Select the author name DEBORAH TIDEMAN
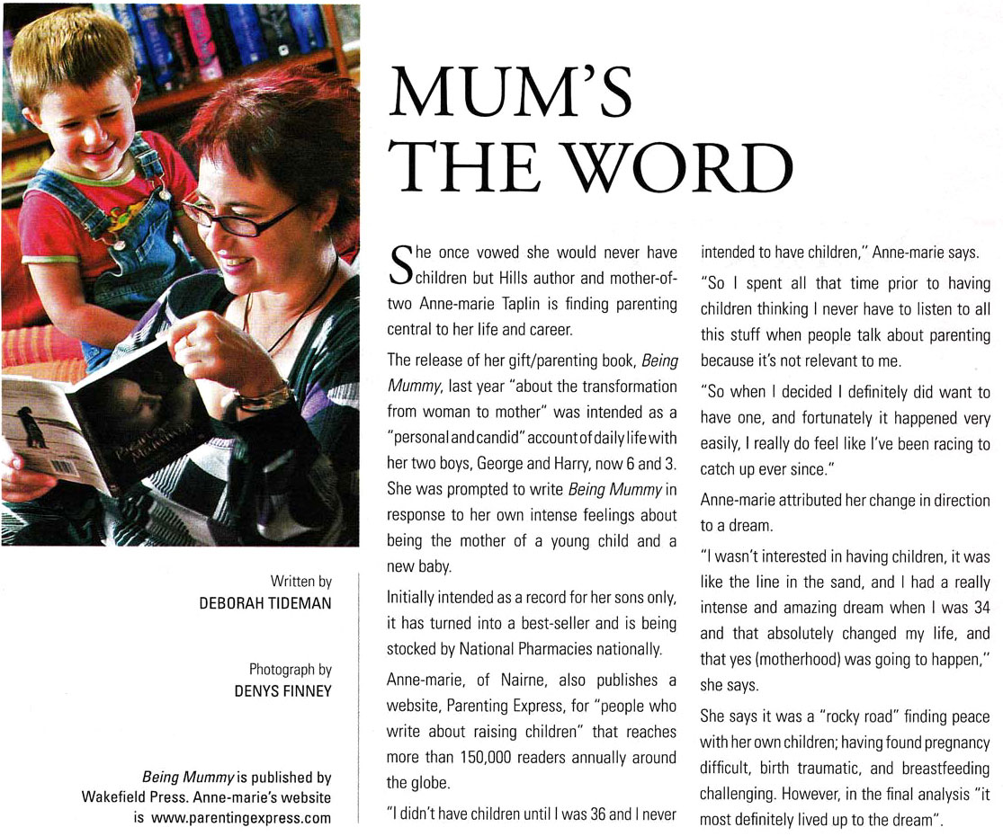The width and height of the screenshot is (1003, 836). click(265, 603)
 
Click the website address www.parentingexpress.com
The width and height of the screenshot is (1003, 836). click(241, 817)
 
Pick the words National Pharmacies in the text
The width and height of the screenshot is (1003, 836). click(515, 647)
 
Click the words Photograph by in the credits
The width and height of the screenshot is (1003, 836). click(290, 669)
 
